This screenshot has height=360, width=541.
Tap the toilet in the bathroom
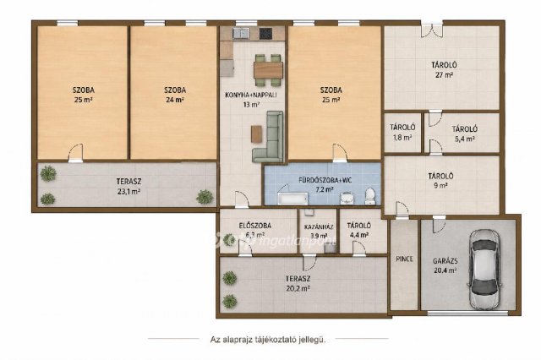[x=370, y=196]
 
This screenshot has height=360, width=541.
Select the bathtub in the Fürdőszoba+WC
[x=293, y=199]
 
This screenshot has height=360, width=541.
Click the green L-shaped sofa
[x=269, y=137]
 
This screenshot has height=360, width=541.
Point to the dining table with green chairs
[x=268, y=70]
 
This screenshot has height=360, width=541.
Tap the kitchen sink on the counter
[x=241, y=33]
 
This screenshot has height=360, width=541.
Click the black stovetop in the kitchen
[x=265, y=34]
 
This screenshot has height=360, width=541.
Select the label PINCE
[x=404, y=259]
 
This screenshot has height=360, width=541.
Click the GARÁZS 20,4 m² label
[x=445, y=265]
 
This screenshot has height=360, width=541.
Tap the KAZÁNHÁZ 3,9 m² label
[x=319, y=232]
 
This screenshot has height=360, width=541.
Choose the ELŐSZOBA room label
[x=255, y=226]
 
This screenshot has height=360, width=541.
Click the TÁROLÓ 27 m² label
[x=444, y=69]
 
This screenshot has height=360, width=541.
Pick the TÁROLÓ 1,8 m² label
[x=402, y=132]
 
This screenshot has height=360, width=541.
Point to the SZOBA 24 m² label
[x=175, y=95]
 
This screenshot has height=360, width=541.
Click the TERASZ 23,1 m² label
[x=128, y=186]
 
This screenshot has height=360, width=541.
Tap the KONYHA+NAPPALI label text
[x=251, y=95]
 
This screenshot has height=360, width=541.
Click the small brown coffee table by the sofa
[x=256, y=134]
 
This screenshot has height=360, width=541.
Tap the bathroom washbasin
[x=346, y=199]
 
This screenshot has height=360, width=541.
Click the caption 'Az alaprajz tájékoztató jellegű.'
[x=268, y=340]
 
